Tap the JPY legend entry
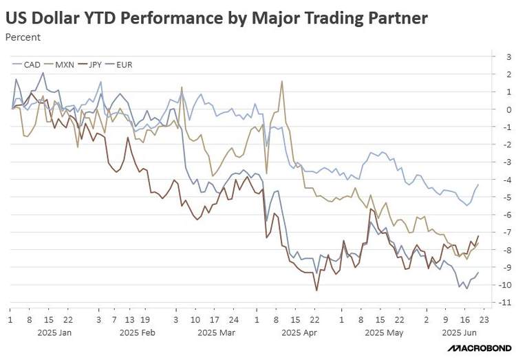click(95, 65)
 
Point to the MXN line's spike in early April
click(282, 81)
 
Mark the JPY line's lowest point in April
click(316, 290)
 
